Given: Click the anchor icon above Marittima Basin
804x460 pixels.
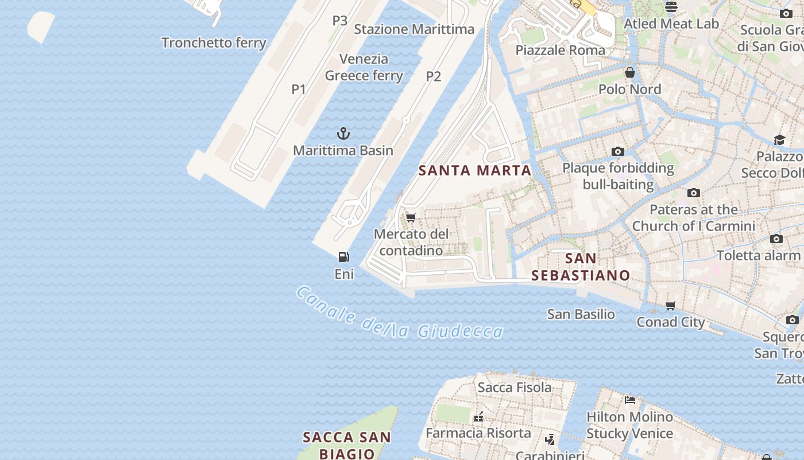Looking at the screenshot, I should coord(343,134).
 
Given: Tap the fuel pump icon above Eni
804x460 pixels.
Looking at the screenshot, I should coord(343,257).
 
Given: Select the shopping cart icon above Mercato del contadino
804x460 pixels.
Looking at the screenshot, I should coord(411,217).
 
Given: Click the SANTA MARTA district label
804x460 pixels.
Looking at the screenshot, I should coord(475,171).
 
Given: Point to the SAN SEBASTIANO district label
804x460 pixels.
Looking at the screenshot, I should coord(581,267).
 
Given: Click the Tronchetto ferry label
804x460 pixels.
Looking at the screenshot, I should coord(214,43).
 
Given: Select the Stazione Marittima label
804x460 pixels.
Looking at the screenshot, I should coord(414,29).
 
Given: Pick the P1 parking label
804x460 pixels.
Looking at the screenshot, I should coord(299,89).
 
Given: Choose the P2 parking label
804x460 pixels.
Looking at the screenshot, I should coord(434,76).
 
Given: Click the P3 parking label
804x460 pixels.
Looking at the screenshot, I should coord(340,21).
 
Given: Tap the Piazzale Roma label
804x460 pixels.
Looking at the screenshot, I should coord(560,50).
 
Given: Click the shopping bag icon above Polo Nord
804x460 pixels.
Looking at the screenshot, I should coord(630,72).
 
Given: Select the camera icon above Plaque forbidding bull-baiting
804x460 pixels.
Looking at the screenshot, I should coord(618,151).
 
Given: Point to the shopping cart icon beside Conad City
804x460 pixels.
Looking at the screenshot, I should coord(670,305).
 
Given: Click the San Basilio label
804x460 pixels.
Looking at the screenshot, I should coord(581,315).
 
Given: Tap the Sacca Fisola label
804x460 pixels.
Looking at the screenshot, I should coord(515,388).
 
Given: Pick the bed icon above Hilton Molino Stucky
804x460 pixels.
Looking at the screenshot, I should coord(630,400).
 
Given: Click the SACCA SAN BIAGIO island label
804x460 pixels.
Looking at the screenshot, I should coord(347,445).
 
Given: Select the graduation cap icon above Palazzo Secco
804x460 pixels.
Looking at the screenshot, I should coord(779,140).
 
